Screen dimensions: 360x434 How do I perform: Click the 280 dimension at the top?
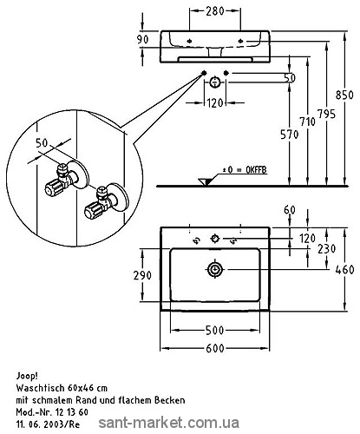tap(215, 11)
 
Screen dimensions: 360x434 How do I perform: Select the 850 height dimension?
tap(344, 95)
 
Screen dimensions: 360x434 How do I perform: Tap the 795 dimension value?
tap(326, 114)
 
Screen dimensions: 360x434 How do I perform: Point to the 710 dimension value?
tap(307, 122)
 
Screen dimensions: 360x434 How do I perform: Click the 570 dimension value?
tap(289, 135)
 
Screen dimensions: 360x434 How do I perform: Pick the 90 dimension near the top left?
tap(142, 39)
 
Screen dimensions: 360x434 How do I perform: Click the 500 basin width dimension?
tap(214, 330)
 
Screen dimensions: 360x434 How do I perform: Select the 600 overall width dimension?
tap(215, 348)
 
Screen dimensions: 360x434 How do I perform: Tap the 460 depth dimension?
tap(344, 270)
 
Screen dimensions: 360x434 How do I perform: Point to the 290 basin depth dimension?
tap(142, 275)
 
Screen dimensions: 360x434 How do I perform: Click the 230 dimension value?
tap(327, 249)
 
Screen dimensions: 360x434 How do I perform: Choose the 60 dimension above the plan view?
tap(290, 210)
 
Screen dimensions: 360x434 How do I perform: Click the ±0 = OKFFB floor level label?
tap(245, 170)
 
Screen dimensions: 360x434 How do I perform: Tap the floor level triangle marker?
tap(205, 181)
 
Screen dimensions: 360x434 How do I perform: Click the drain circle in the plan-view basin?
tap(215, 270)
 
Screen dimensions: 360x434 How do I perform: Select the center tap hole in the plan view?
tap(215, 239)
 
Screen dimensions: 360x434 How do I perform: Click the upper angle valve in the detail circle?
tap(68, 177)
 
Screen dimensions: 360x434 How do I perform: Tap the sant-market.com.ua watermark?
tap(168, 423)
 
